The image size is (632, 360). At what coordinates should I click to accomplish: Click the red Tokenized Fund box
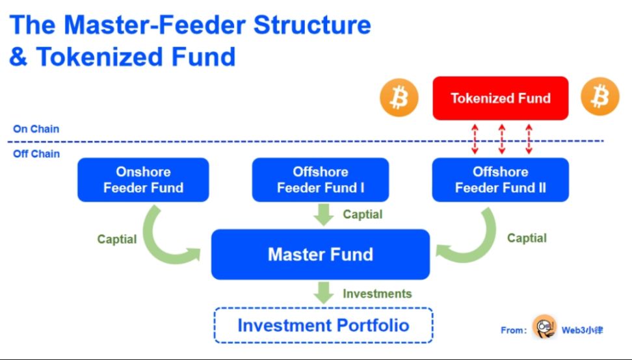point(501,98)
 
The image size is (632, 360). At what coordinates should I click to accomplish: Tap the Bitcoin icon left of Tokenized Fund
point(399,98)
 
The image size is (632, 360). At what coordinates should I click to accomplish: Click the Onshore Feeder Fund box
point(143,180)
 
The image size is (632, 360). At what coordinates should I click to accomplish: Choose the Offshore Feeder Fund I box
point(320,180)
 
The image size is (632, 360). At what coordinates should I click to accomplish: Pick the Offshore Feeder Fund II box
point(500,180)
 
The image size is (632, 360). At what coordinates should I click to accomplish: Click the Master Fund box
point(320,254)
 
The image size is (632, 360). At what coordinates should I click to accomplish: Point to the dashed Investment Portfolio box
point(323,325)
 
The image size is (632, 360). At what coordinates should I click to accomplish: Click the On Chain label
point(36,129)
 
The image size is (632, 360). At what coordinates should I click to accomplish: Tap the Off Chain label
point(36,154)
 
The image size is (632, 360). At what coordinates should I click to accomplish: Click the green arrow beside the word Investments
point(323,292)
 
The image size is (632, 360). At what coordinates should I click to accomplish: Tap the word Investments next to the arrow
point(377,294)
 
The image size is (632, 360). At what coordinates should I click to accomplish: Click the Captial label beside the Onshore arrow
point(117,239)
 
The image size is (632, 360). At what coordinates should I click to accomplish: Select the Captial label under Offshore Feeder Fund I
point(363,214)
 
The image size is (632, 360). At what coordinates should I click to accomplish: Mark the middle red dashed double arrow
point(501,139)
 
